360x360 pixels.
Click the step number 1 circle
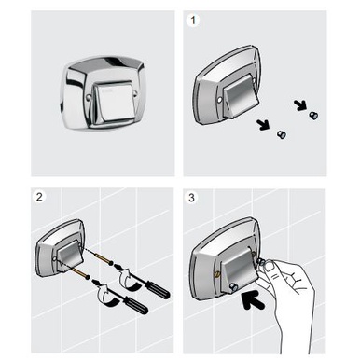coord(193,21)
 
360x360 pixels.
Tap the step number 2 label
coord(39,197)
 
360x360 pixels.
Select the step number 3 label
coord(191,198)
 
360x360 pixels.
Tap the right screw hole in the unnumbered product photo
coord(135,92)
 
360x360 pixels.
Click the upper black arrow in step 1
coord(300,105)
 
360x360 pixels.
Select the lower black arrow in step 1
coord(264,124)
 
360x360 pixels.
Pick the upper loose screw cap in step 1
coord(313,116)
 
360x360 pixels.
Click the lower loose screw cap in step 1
coord(282,134)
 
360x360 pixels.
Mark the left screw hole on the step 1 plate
coord(219,99)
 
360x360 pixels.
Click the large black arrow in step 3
coord(253,299)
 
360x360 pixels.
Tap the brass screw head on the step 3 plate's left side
coord(215,273)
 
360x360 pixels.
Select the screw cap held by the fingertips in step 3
coord(262,263)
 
